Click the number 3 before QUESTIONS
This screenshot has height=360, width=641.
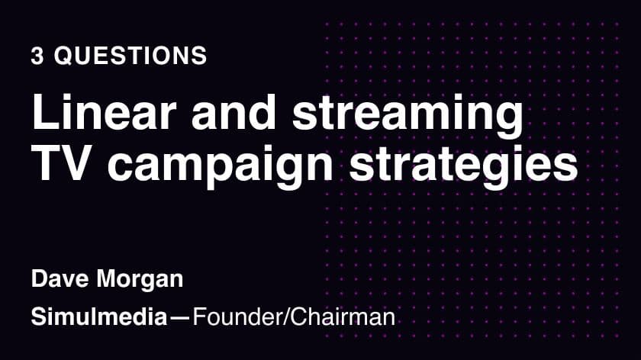37,56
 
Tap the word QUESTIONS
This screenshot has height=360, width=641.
130,56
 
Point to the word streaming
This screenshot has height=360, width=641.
407,117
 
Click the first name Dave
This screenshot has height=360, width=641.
60,279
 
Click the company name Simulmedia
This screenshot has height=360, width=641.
99,317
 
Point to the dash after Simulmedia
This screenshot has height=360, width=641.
180,317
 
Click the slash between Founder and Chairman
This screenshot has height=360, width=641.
285,317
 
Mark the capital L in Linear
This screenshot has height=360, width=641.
43,112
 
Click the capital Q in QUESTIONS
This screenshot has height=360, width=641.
64,56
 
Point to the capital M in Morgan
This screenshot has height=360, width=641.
107,279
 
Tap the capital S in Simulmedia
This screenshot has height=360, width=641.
39,317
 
